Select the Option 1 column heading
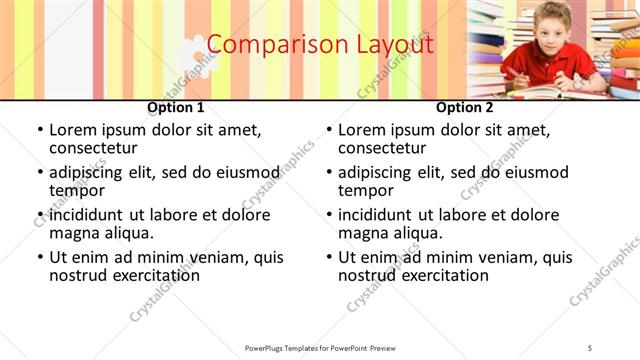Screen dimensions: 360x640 [176, 107]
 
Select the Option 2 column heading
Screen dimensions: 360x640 [465, 107]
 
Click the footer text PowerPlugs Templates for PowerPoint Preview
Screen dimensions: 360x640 [320, 347]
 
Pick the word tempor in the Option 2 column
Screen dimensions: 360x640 [363, 190]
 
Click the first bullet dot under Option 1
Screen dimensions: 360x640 [39, 131]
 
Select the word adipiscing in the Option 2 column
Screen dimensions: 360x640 [380, 172]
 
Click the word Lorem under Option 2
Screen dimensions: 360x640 [362, 130]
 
